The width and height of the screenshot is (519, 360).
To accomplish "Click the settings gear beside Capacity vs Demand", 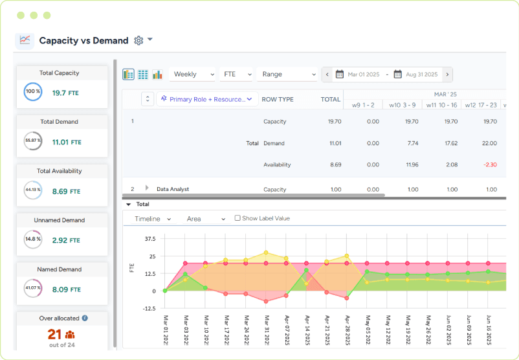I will point(138,40).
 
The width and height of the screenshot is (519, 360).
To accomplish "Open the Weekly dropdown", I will point(192,74).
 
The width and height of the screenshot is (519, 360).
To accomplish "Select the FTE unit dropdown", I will point(236,74).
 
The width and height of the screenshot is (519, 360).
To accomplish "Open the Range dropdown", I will point(286,74).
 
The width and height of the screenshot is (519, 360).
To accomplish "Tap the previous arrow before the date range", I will point(327,74).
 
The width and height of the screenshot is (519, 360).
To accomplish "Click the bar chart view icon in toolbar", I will point(157,74).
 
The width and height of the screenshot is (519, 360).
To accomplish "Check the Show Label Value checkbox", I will point(237,219).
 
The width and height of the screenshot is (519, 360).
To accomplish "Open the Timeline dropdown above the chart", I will point(152,219).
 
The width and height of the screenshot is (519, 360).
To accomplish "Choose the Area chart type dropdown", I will point(206,219).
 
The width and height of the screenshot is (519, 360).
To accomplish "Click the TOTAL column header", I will point(331,100).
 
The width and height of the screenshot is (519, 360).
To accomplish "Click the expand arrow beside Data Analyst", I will point(148,188).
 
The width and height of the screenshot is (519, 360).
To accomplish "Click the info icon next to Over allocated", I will point(85,318).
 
